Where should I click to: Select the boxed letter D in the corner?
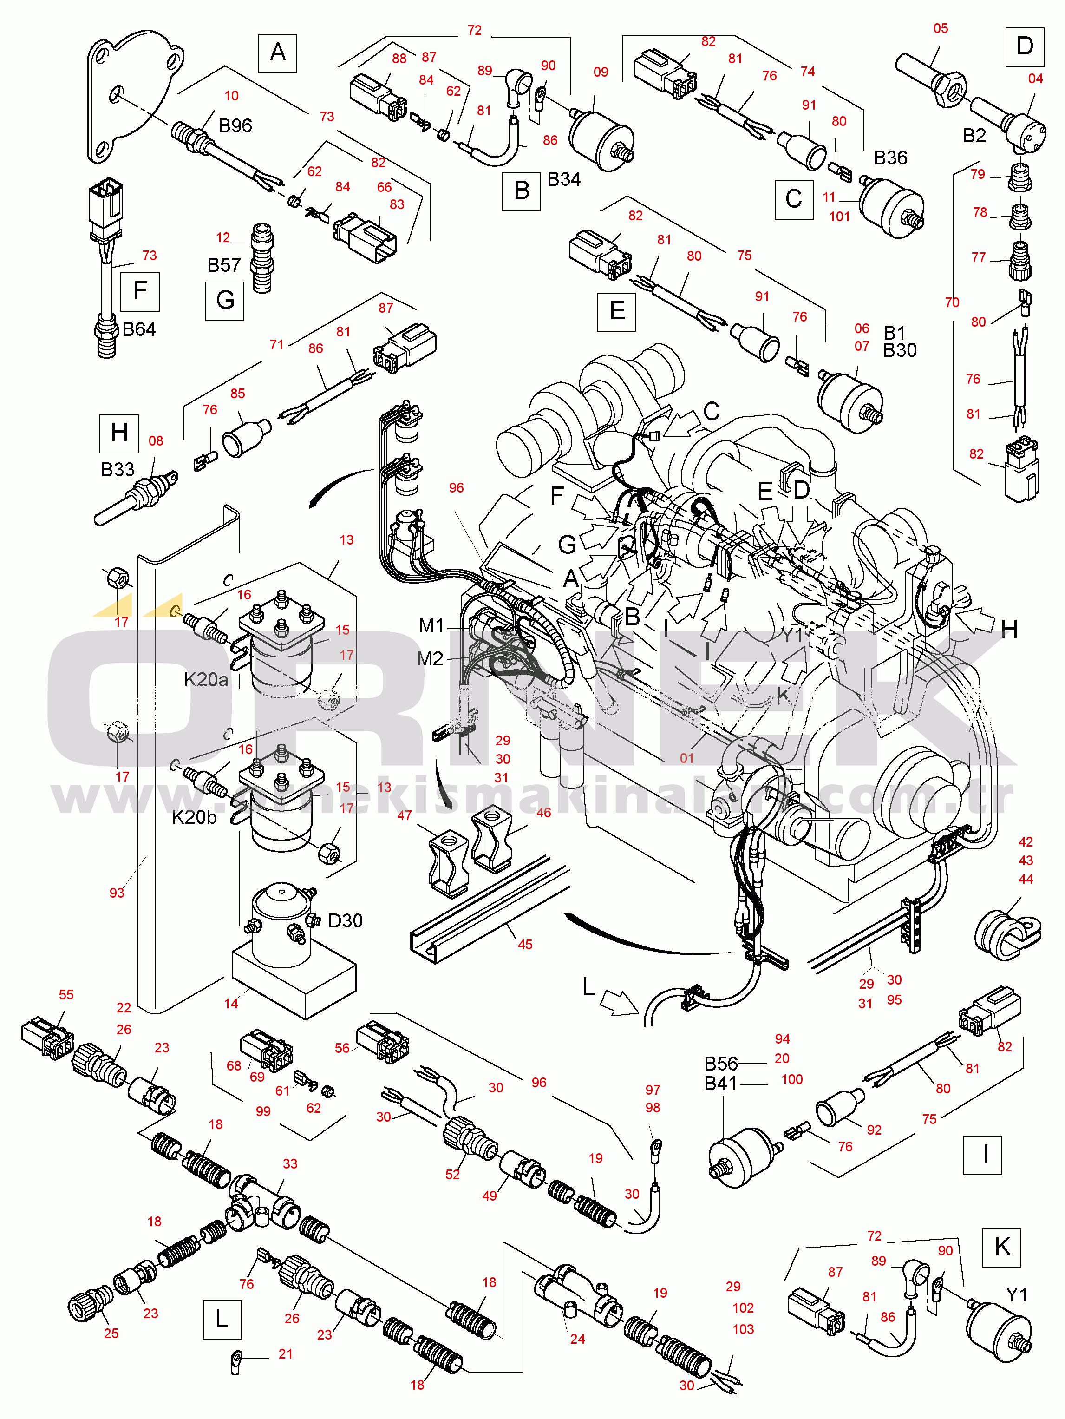pos(1024,46)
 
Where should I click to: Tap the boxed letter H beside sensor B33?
pos(118,433)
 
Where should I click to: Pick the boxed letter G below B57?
pos(224,300)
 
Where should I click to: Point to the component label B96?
pos(235,126)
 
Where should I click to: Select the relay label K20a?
pos(206,679)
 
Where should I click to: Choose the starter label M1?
pos(431,625)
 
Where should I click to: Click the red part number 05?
pos(941,28)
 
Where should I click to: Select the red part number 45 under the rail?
pos(525,944)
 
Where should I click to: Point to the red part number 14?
pos(231,1003)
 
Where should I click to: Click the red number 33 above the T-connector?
pos(290,1164)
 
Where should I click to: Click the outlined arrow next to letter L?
pos(620,1003)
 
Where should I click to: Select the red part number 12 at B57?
pos(222,237)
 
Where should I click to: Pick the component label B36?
pos(891,158)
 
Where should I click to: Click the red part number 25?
pos(111,1333)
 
